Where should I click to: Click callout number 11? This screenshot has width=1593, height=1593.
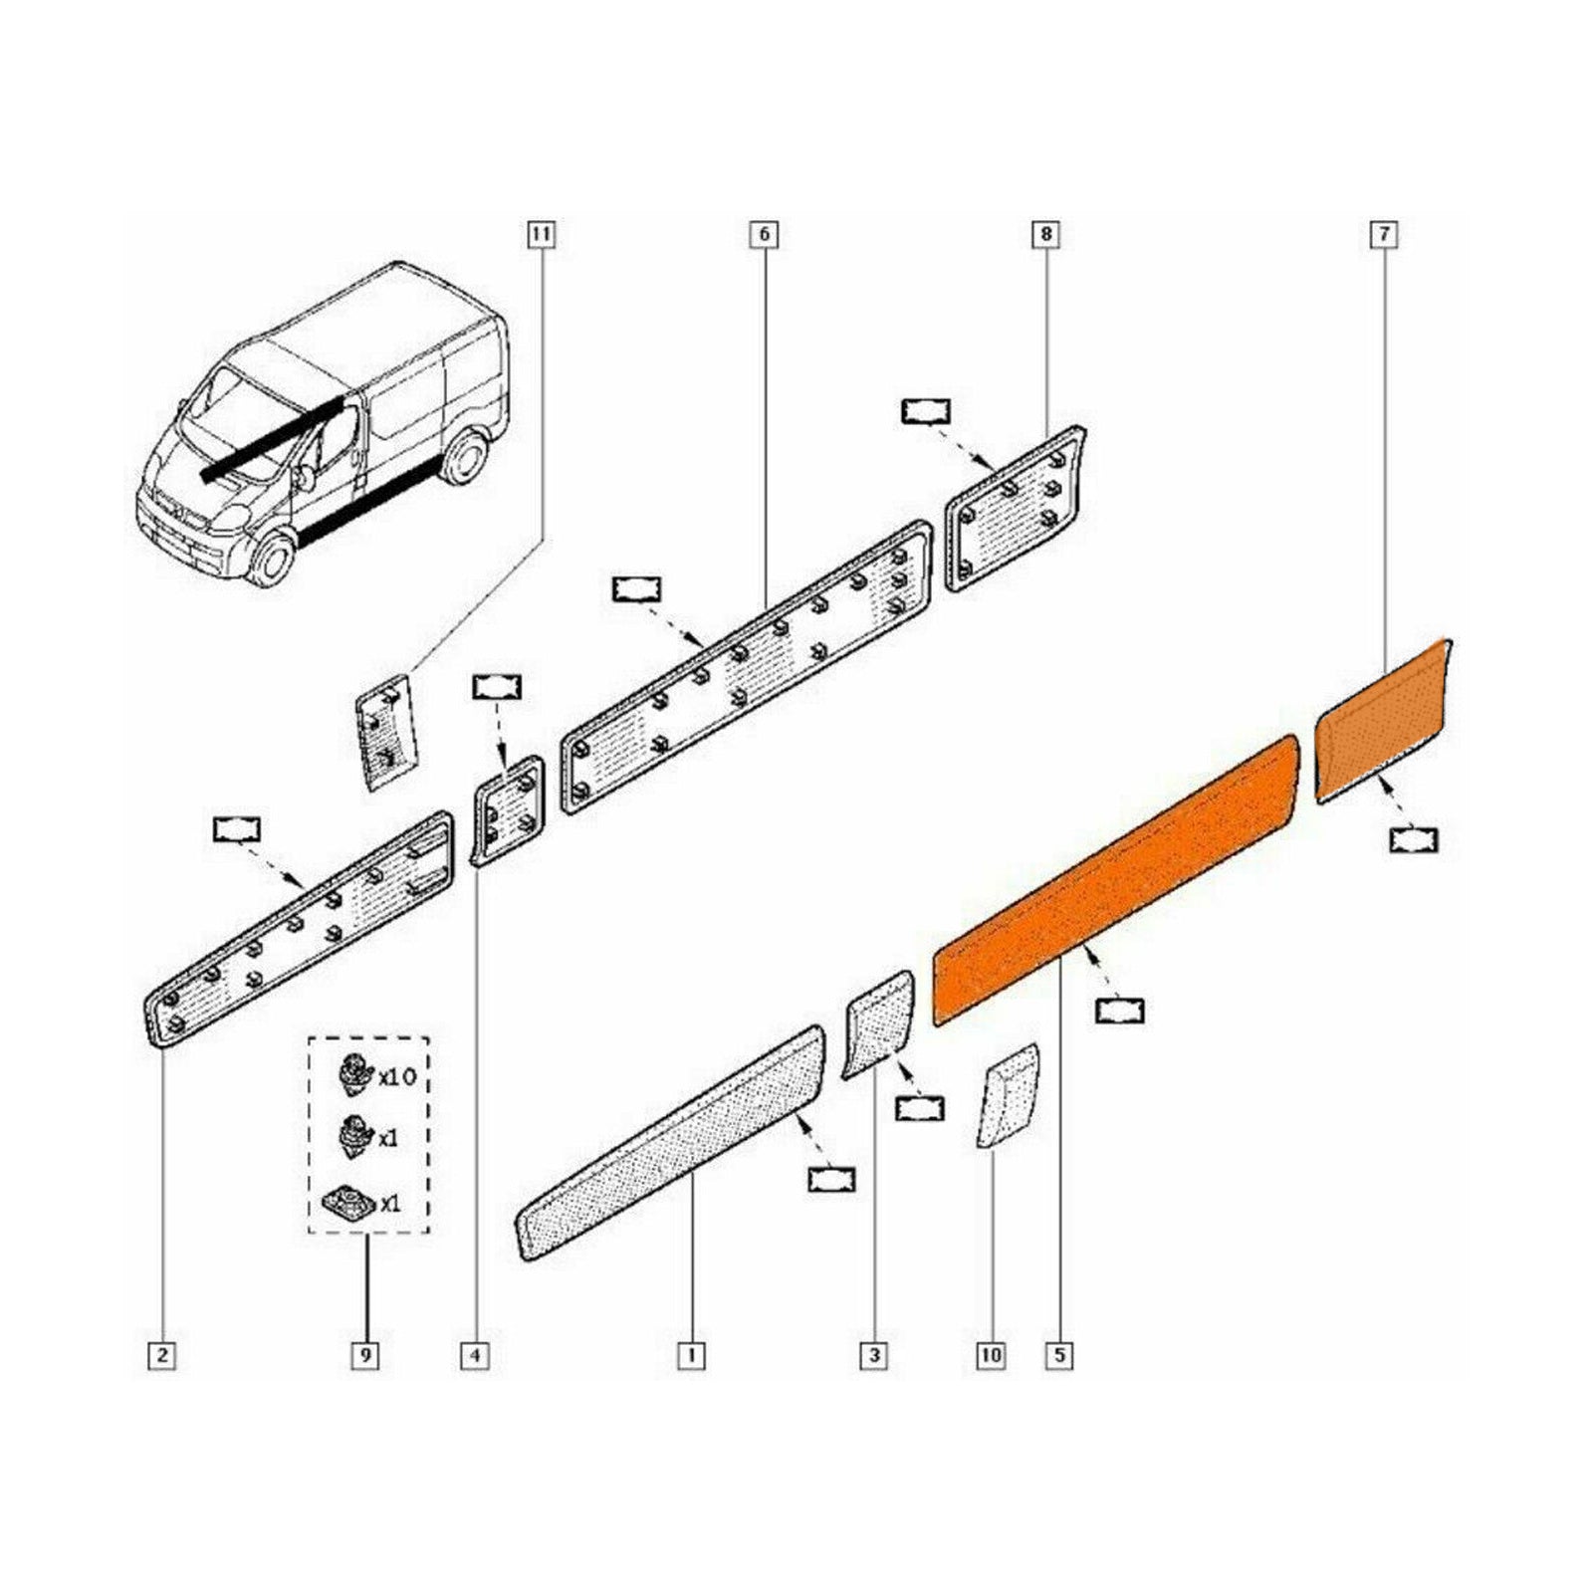tap(541, 235)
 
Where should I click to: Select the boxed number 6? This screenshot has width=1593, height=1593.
tap(764, 235)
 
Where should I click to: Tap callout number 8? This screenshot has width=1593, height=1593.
tap(1045, 235)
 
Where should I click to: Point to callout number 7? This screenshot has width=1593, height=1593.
tap(1384, 235)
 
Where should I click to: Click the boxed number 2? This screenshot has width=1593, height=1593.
tap(161, 1355)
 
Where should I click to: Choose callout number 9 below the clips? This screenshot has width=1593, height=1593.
tap(365, 1355)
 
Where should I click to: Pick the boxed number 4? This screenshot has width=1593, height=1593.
tap(475, 1355)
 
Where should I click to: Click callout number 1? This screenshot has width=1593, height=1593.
tap(691, 1355)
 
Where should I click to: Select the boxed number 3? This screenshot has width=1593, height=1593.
tap(873, 1355)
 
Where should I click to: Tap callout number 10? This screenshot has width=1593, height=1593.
tap(992, 1355)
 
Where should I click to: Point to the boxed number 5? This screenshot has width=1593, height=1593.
tap(1059, 1355)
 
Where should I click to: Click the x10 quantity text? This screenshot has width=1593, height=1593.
tap(396, 1077)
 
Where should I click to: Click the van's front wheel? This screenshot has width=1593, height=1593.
tap(271, 561)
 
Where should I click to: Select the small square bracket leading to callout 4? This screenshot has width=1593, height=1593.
tap(510, 808)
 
